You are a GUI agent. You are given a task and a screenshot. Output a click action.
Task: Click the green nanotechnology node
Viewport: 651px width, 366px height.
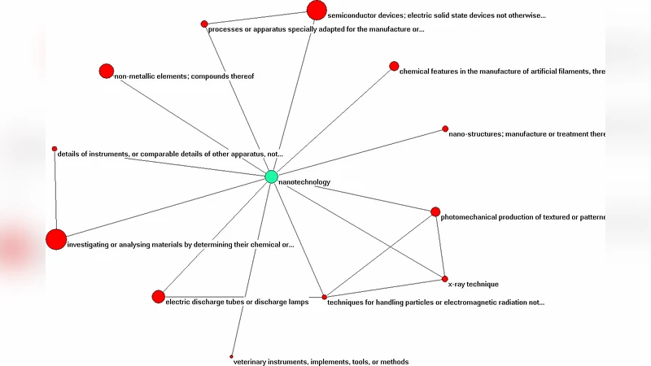pos(271,176)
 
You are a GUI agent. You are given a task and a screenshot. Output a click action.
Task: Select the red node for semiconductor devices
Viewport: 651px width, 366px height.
pos(317,10)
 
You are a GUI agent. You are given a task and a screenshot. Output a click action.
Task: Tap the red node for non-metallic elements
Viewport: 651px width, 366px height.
pos(106,71)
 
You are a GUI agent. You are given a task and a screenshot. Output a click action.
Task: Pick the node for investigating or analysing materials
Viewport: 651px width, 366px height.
pos(55,239)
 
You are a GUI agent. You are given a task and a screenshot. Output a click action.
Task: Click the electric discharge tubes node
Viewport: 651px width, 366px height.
pos(158,296)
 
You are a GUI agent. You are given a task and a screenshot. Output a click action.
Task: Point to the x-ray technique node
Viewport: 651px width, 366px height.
pos(444,279)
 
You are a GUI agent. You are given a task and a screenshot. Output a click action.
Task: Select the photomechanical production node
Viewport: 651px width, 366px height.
pos(435,211)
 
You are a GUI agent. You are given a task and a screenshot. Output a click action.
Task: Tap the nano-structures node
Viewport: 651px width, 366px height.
pos(445,129)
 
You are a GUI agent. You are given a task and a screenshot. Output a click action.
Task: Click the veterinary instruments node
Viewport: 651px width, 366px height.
pos(232,356)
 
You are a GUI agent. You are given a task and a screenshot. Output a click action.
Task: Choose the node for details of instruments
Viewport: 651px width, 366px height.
pos(55,149)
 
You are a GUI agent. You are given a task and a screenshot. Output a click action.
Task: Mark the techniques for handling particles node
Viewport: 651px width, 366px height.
pos(324,297)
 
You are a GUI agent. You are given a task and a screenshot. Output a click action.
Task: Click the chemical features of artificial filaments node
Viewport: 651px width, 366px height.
pos(394,66)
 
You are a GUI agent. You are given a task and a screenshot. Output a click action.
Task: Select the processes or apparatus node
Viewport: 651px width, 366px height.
pos(204,24)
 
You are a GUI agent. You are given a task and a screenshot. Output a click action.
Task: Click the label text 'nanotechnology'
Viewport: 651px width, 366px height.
pos(304,182)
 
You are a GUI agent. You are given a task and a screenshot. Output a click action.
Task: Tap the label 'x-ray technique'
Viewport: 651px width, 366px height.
pos(473,285)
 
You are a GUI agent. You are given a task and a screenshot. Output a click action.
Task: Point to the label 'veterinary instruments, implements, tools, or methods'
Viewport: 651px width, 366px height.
pos(321,362)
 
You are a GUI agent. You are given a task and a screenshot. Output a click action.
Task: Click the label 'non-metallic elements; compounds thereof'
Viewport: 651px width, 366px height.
pos(184,76)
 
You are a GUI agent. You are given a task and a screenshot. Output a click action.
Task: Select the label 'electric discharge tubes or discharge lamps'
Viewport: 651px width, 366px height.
pos(237,303)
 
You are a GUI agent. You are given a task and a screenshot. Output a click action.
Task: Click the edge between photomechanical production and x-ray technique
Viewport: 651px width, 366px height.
pos(439,246)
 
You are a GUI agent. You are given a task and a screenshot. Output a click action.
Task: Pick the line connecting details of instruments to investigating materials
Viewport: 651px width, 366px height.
pos(55,191)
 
